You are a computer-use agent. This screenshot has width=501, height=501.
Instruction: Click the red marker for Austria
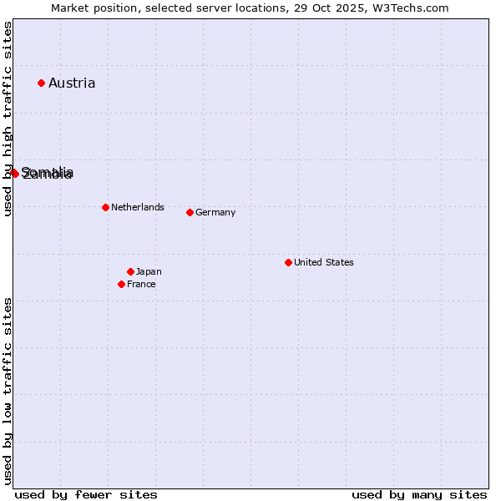point(41,83)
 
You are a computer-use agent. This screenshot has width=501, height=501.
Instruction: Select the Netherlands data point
point(105,207)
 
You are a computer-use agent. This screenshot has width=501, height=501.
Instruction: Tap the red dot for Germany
point(190,212)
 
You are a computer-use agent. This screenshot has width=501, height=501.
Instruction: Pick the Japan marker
point(130,271)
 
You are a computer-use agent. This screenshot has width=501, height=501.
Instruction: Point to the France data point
point(121,284)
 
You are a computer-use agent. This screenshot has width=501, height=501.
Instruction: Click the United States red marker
point(288,262)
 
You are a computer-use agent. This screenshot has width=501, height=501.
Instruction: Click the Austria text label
point(72,83)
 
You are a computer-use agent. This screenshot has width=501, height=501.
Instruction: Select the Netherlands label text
point(138,207)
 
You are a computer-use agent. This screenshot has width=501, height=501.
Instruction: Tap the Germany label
point(215,212)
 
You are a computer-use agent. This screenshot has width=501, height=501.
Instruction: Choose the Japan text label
point(149,271)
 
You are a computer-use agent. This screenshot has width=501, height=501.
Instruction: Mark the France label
point(141,284)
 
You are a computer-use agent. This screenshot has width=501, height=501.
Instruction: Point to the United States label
point(324,262)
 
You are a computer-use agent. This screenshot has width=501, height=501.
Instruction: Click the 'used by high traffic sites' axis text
point(8,119)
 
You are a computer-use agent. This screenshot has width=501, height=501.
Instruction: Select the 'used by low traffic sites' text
point(8,390)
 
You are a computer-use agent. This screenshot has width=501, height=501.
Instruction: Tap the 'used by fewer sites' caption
point(86,494)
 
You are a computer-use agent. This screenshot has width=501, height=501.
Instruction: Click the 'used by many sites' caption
point(419,494)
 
